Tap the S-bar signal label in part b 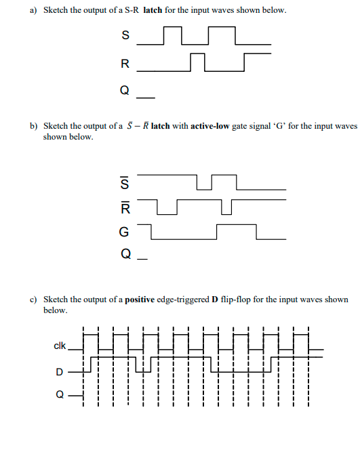pyautogui.click(x=124, y=182)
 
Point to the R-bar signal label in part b pyautogui.click(x=124, y=206)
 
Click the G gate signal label pyautogui.click(x=124, y=232)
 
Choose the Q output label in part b pyautogui.click(x=124, y=256)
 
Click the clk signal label pyautogui.click(x=60, y=346)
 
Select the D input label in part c pyautogui.click(x=60, y=371)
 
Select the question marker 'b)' pyautogui.click(x=33, y=126)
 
